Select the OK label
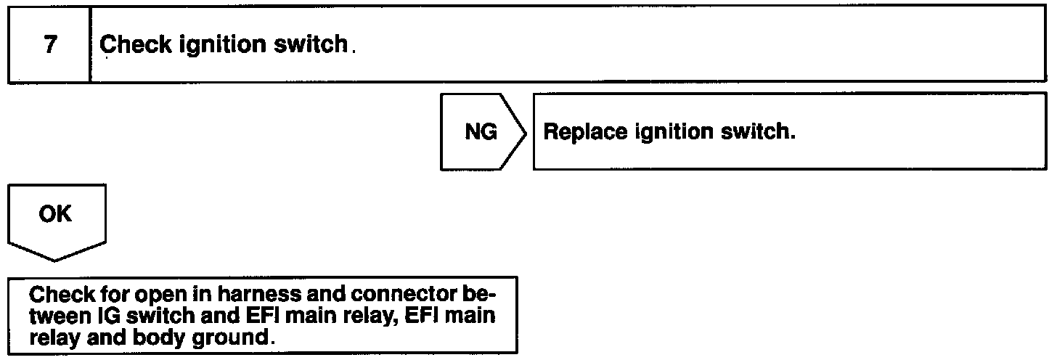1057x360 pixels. pos(56,215)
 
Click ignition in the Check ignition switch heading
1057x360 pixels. pos(217,45)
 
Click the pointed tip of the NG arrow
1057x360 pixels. pos(526,132)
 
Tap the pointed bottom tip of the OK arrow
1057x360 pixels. pos(57,260)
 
